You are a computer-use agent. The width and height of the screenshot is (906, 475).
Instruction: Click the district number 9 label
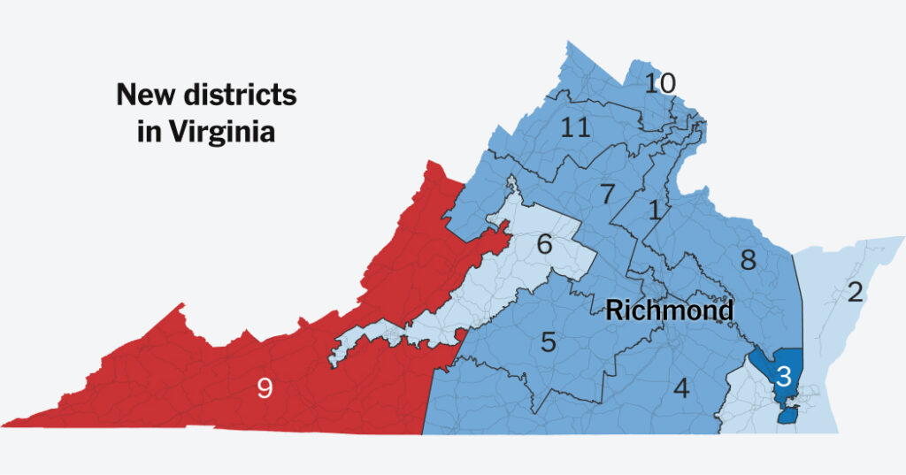click(264, 387)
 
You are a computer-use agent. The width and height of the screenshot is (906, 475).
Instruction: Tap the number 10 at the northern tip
click(660, 84)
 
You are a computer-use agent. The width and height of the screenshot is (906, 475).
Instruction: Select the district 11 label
click(575, 128)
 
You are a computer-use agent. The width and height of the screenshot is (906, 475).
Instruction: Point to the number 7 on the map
click(607, 195)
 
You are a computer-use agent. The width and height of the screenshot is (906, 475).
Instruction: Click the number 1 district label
click(654, 211)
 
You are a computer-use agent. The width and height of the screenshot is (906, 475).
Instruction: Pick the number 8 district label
click(748, 260)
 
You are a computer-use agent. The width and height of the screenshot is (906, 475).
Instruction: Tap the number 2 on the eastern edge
click(855, 292)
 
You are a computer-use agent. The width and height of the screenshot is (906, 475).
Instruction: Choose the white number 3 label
click(783, 374)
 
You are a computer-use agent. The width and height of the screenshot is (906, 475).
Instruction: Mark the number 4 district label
click(680, 387)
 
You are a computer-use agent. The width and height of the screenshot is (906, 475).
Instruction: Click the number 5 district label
click(549, 342)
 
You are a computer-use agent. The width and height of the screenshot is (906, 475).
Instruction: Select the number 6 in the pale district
click(544, 245)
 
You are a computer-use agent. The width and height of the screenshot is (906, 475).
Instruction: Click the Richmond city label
click(669, 310)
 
